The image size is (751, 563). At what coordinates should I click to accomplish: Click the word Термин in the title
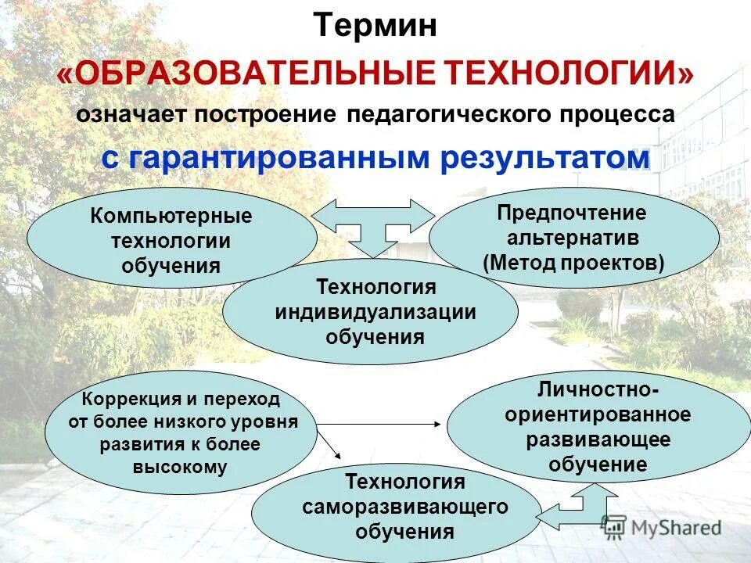(375, 26)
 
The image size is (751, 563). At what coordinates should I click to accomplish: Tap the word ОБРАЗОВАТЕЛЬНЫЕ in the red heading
(257, 73)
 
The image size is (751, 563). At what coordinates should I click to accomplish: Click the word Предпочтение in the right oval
(573, 213)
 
